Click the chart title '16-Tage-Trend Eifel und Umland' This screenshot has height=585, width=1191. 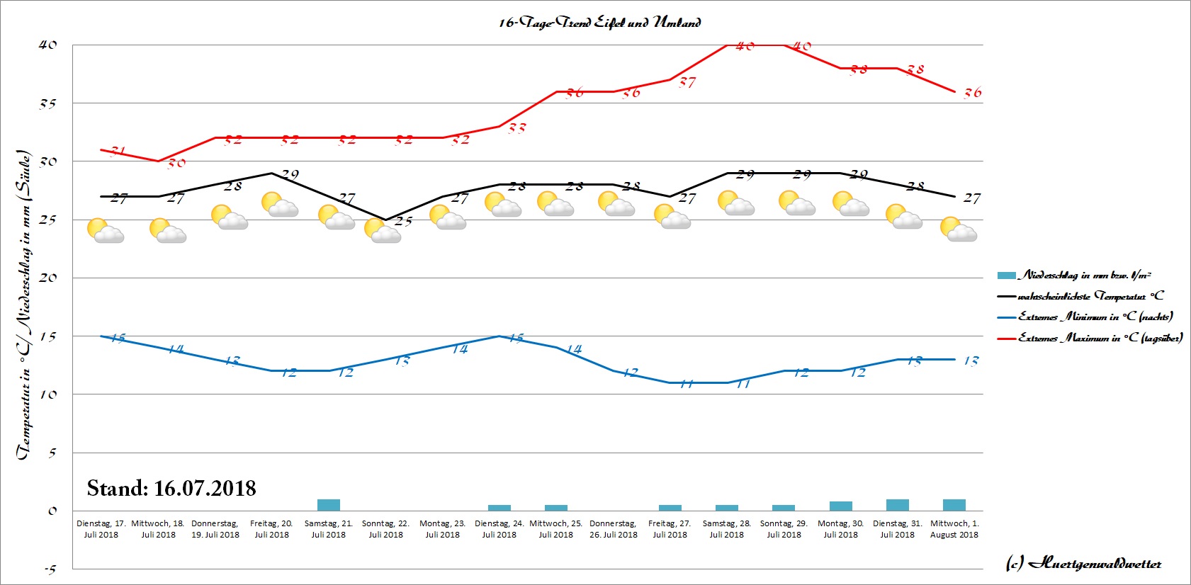coord(599,23)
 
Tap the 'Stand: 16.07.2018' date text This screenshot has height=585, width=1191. coord(171,488)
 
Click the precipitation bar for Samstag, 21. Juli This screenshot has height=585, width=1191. coord(328,505)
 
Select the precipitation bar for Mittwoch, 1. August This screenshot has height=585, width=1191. coord(954,505)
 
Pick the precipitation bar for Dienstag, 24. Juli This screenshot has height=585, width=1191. coord(499,507)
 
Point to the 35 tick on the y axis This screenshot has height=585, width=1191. coord(47,103)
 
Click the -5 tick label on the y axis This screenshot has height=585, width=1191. coord(50,569)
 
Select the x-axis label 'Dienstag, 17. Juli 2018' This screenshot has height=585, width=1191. coord(101,529)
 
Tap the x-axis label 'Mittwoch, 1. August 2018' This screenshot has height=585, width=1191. coord(954,529)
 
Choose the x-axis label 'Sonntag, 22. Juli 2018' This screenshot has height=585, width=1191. coord(385,529)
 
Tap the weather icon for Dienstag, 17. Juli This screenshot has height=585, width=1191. coord(105,231)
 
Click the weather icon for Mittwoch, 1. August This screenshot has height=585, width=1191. coord(958,229)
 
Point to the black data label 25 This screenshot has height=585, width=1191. coord(403,221)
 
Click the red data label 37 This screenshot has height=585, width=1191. coord(687,82)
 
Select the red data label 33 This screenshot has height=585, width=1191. coord(517,128)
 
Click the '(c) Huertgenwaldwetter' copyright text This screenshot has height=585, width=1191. coord(1083,564)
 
